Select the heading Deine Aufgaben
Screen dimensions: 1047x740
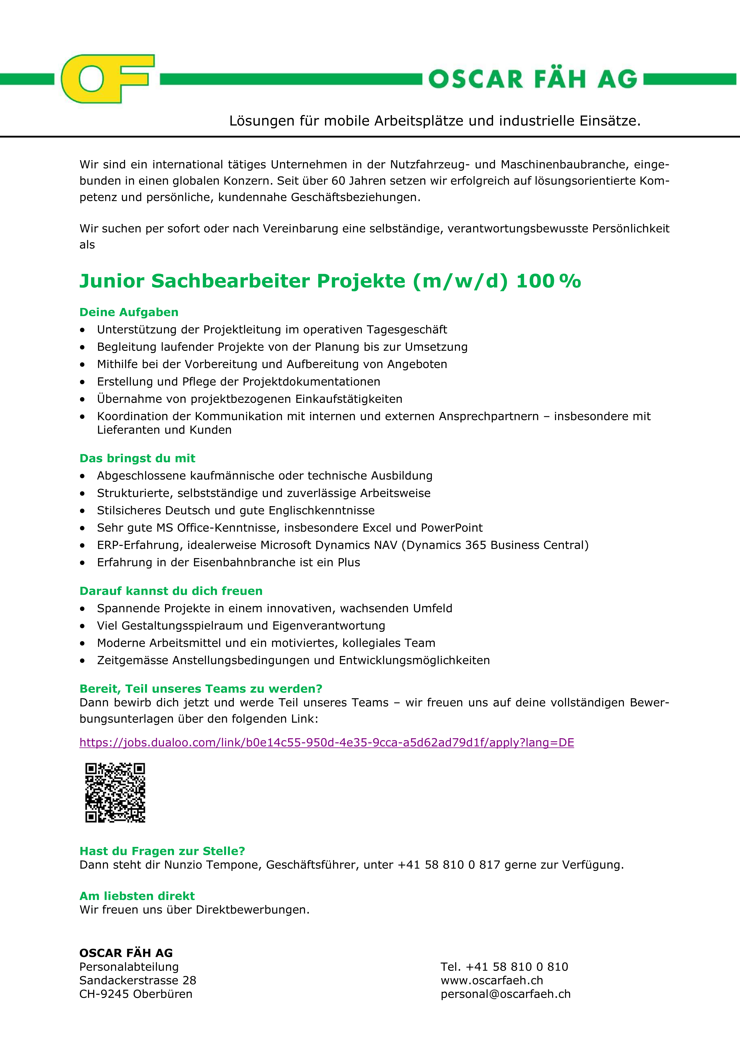(129, 312)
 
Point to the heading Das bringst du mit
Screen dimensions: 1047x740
(137, 458)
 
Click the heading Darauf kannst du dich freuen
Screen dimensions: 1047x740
(171, 591)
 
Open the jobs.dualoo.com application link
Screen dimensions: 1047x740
(326, 742)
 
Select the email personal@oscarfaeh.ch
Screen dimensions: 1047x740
(505, 994)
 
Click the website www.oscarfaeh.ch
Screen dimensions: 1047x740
(492, 980)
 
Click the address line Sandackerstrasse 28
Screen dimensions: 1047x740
(138, 980)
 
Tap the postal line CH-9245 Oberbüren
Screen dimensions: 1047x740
(136, 994)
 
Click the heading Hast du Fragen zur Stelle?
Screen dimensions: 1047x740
(162, 851)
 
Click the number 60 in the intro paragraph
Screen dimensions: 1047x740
(338, 181)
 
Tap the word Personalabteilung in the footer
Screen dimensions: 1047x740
(129, 967)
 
